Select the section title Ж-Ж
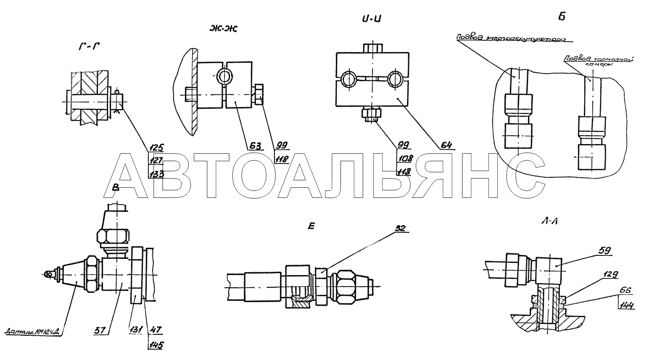point(223,29)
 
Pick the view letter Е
point(311,226)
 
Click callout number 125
point(156,147)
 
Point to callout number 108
point(406,158)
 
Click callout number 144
point(626,305)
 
